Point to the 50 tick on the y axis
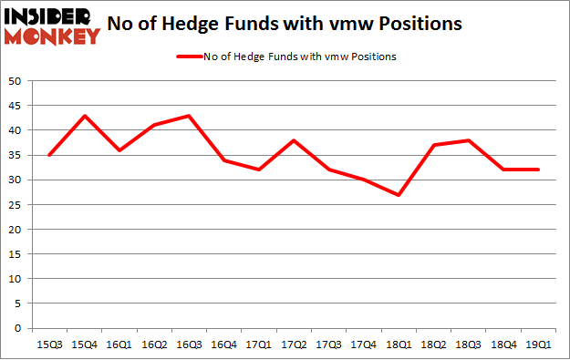point(16,81)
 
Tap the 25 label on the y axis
point(16,204)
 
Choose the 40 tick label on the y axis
point(16,130)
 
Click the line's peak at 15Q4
point(83,116)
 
